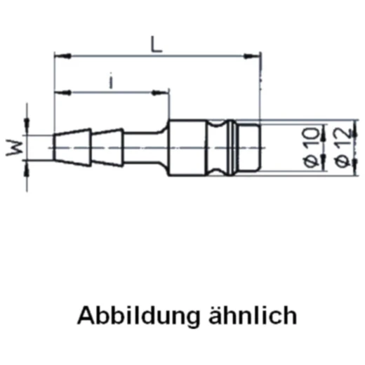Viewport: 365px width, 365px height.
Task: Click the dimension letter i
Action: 112,81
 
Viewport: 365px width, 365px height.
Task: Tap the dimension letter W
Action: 16,147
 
